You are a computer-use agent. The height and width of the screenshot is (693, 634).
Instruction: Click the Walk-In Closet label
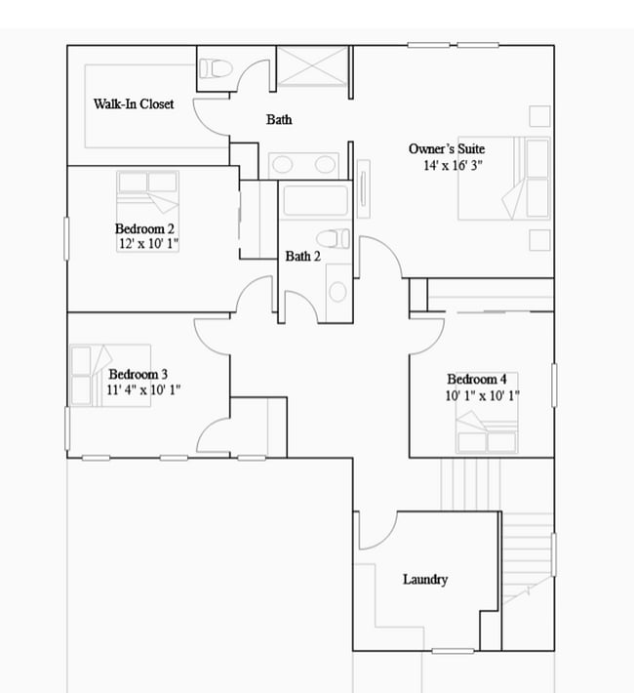coord(134,103)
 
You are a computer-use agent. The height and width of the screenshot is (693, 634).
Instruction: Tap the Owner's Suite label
coord(447,149)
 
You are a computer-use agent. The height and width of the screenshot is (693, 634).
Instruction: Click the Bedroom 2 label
coord(144,229)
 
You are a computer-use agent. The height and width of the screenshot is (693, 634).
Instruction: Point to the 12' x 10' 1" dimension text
coord(146,245)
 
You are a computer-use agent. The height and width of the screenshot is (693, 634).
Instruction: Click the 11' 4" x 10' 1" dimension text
coord(143,389)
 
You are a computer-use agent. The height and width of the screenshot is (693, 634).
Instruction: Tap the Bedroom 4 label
coord(476,380)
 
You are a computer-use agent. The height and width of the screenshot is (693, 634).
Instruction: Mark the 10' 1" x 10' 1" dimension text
coord(483,395)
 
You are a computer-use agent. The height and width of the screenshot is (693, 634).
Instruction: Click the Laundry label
coord(425,580)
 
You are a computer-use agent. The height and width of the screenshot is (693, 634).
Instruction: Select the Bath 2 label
coord(302,257)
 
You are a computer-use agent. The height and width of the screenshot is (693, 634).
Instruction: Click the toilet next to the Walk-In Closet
coord(215,69)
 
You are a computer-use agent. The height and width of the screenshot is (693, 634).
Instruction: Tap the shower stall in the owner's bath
coord(313,65)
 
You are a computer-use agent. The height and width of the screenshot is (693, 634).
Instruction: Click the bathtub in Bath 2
coord(313,203)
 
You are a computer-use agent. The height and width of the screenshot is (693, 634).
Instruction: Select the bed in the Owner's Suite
coord(505,178)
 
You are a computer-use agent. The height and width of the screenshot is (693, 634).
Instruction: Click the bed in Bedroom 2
coord(148,192)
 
